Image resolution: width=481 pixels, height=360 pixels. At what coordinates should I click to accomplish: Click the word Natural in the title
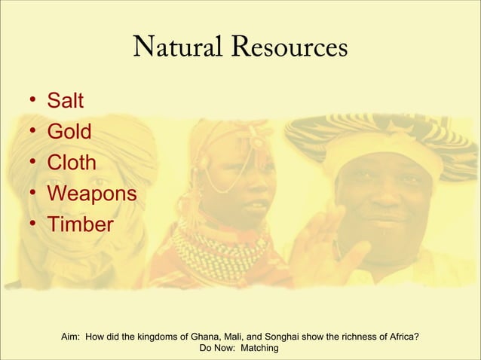(176, 48)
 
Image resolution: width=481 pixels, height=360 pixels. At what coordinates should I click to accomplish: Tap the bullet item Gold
(69, 132)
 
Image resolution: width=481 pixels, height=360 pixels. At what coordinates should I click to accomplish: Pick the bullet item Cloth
(72, 163)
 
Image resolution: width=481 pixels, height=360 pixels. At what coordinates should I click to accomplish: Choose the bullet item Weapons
(91, 194)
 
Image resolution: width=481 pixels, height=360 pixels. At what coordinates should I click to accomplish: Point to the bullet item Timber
(80, 224)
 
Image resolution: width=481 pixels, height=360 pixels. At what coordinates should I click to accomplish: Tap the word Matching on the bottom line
(259, 349)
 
